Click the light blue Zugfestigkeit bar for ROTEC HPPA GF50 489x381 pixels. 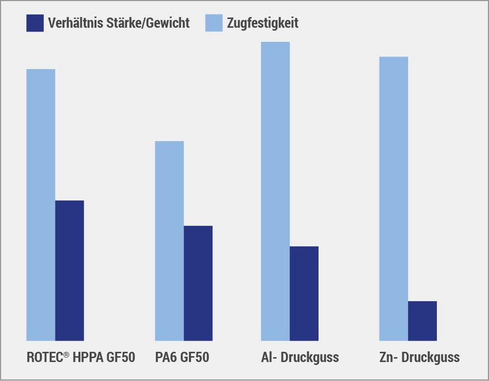(41, 205)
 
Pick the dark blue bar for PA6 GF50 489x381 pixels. (198, 283)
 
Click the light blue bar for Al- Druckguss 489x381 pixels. (275, 191)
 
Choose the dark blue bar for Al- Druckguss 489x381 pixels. (304, 293)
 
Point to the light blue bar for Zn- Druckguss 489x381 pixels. (394, 198)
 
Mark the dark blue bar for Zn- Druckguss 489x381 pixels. (422, 320)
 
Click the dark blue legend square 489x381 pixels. (35, 23)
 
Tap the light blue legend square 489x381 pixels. (214, 23)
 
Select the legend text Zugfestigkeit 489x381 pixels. (263, 23)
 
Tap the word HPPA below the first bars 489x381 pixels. (88, 358)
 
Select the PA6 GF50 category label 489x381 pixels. (182, 358)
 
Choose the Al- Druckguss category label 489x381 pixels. (300, 358)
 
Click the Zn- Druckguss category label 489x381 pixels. (419, 358)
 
